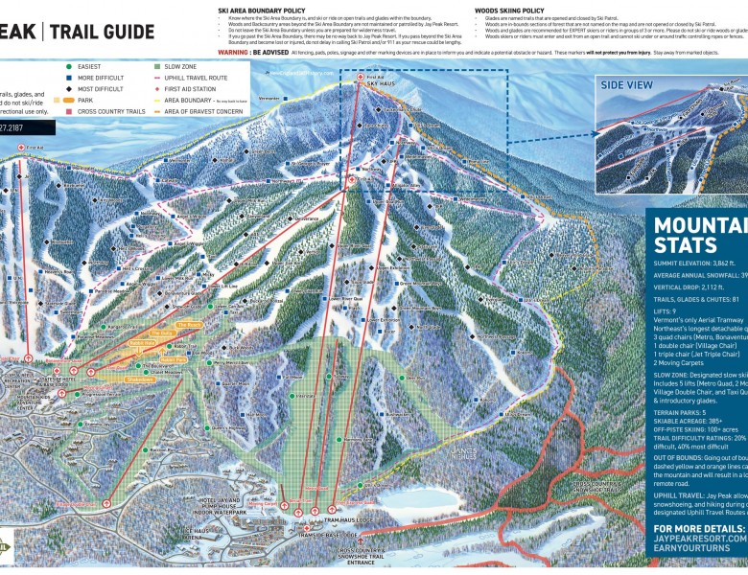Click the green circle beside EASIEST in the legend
69,67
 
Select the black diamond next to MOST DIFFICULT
69,87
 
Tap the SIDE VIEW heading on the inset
627,84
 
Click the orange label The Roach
189,326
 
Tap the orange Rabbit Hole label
141,342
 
